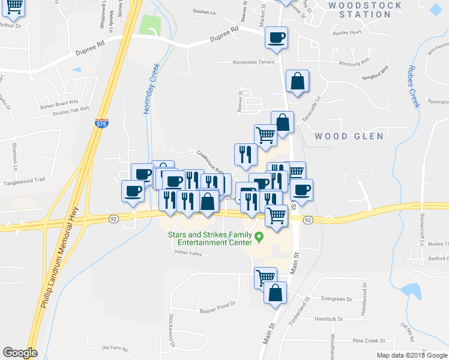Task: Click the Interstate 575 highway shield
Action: click(101, 124)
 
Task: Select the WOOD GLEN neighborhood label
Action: click(349, 136)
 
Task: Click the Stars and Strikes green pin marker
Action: click(259, 236)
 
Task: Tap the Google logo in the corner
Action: click(20, 353)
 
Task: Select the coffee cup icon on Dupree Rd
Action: click(276, 38)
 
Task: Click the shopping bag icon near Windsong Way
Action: click(297, 80)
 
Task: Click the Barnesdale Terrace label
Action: click(254, 62)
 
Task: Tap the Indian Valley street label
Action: click(188, 253)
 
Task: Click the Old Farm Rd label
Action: click(115, 347)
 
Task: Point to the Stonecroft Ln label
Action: click(423, 229)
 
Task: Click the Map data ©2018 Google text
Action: click(412, 355)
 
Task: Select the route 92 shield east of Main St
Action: click(307, 220)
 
